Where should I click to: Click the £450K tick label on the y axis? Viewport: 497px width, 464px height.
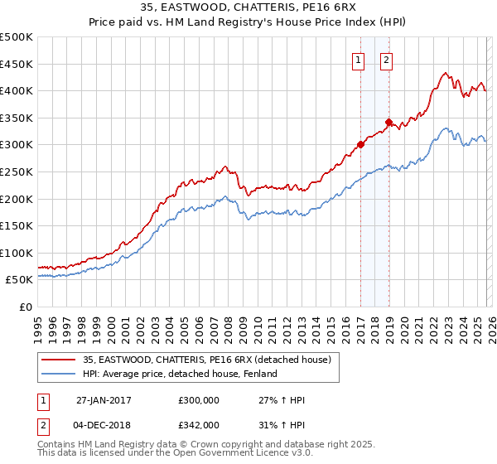[17, 64]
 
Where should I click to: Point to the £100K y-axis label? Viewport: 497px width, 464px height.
[17, 253]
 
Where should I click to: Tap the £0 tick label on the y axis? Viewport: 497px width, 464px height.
[27, 307]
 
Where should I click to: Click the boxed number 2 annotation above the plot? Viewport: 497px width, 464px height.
[387, 60]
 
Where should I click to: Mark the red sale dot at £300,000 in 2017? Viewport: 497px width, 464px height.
[360, 144]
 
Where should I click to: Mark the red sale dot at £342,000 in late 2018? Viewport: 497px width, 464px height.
[388, 122]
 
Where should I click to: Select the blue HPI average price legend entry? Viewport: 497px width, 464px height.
[179, 375]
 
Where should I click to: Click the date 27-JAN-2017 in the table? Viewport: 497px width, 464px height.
[104, 399]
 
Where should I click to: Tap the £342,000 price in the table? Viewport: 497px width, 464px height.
[199, 424]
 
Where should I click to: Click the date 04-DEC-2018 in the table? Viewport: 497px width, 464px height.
[104, 424]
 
